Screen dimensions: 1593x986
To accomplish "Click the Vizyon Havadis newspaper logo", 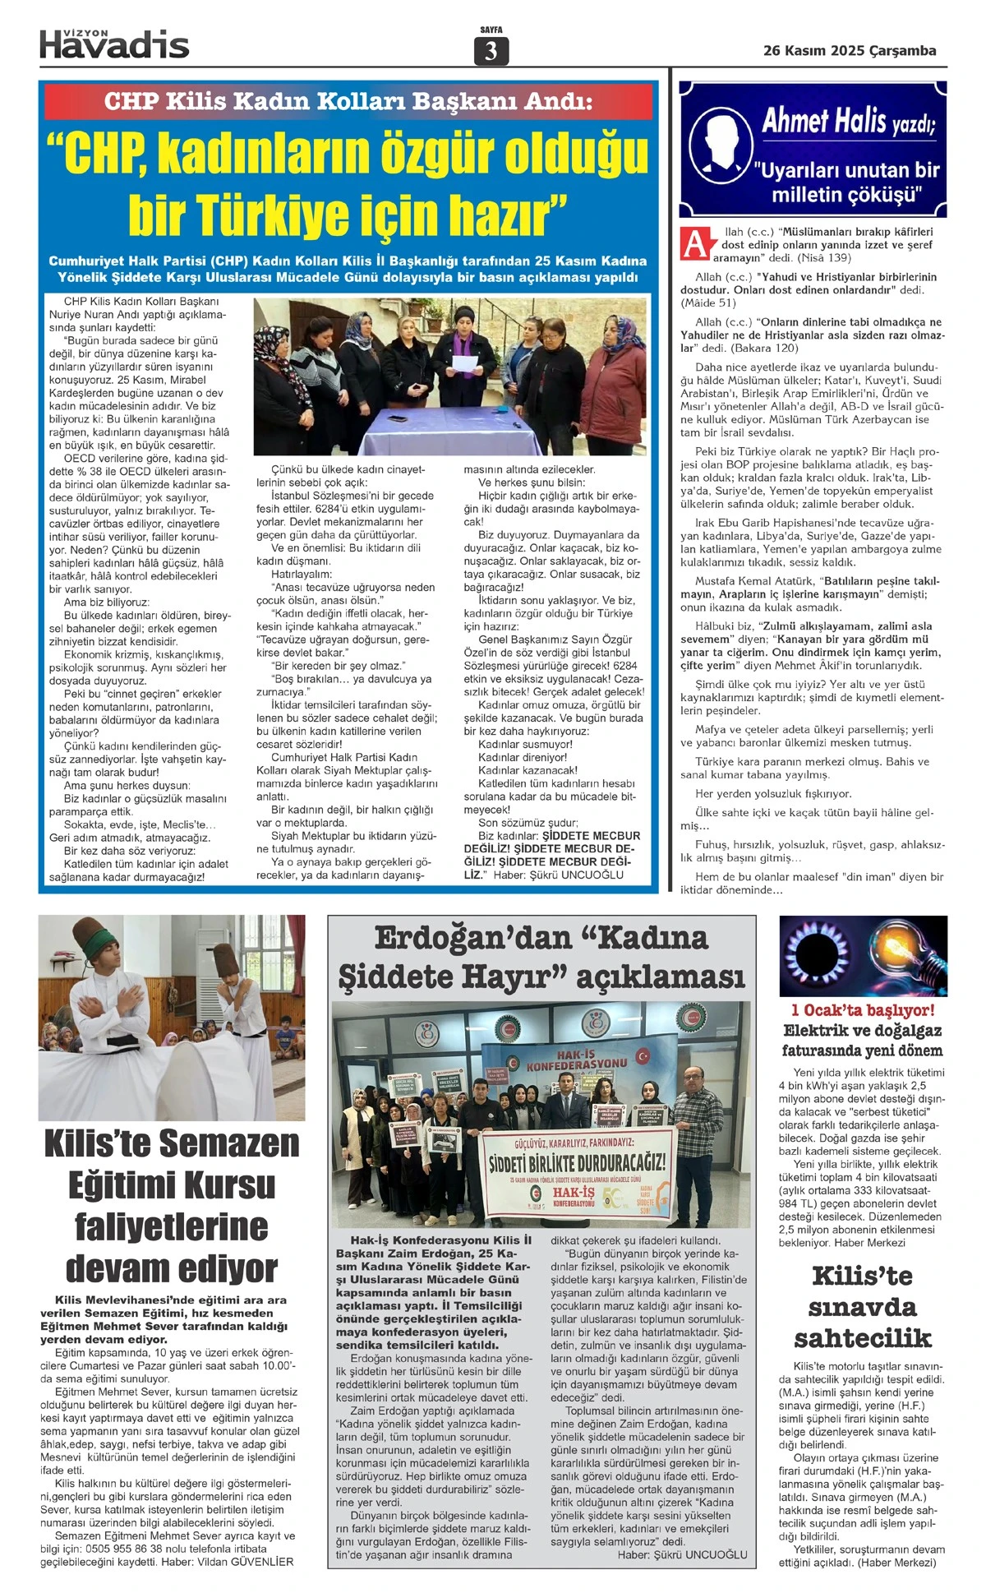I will tap(114, 43).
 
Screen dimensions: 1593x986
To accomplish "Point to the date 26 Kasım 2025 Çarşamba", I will tap(850, 50).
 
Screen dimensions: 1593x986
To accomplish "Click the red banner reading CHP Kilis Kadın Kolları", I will tap(348, 102).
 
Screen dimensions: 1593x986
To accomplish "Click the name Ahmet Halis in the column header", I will tap(824, 122).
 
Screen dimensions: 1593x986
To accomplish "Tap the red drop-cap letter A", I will tap(695, 244).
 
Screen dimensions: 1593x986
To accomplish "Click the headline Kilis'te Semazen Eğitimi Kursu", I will tap(172, 1205).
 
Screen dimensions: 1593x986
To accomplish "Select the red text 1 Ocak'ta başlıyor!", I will tap(863, 1010).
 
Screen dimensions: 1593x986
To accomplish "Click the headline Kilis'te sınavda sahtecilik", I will tap(862, 1307).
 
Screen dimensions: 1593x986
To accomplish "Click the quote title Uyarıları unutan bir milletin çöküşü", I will tap(846, 182).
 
